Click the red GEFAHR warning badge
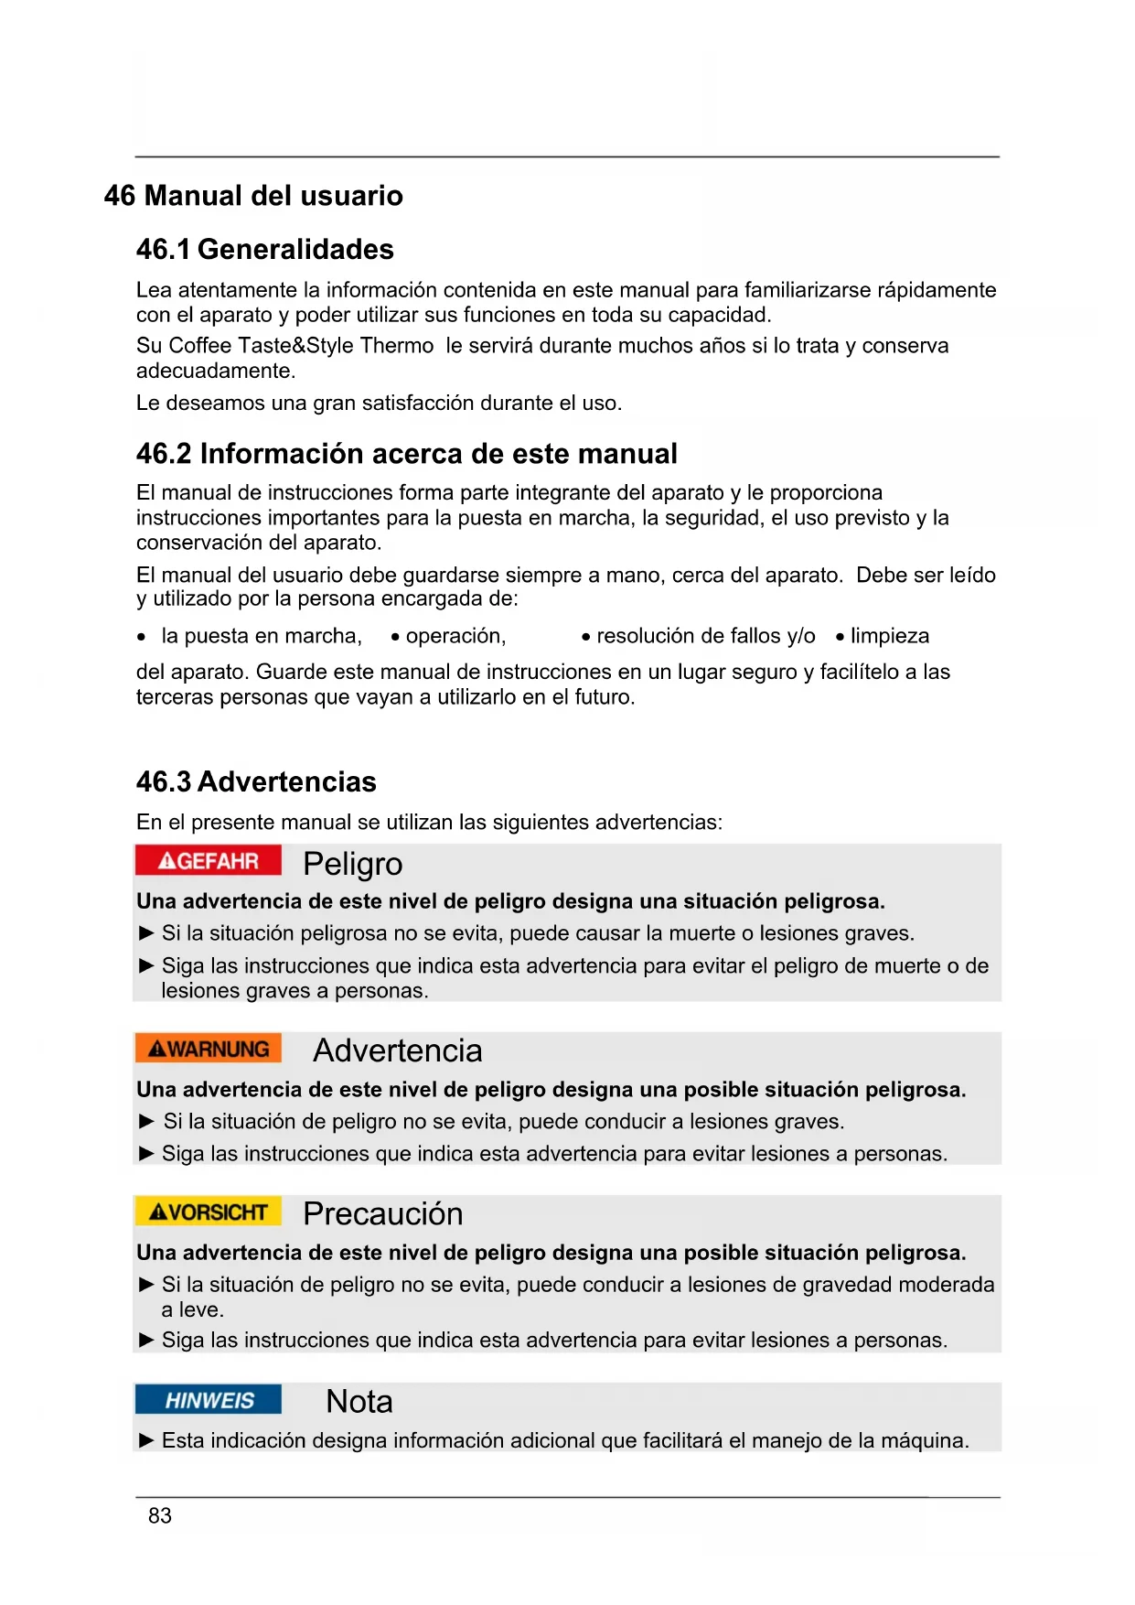click(208, 861)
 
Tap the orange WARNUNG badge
click(208, 1049)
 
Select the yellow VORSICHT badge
click(208, 1212)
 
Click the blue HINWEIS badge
click(209, 1400)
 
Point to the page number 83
click(160, 1516)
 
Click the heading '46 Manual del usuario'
click(253, 196)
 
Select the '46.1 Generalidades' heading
click(264, 249)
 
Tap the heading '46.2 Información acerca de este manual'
click(406, 454)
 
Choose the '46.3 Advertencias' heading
click(256, 782)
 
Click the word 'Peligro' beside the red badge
click(352, 864)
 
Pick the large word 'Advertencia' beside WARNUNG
click(397, 1050)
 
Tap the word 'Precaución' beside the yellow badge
click(382, 1214)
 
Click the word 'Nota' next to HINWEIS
click(359, 1402)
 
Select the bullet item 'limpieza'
click(889, 636)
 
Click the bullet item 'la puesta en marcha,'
click(262, 636)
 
